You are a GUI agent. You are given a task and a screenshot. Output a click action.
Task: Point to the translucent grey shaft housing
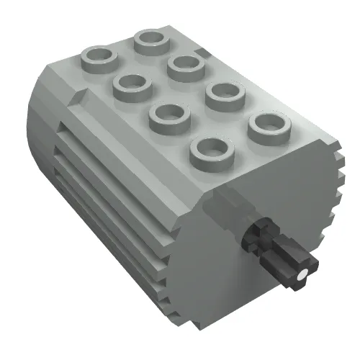point(229,209)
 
